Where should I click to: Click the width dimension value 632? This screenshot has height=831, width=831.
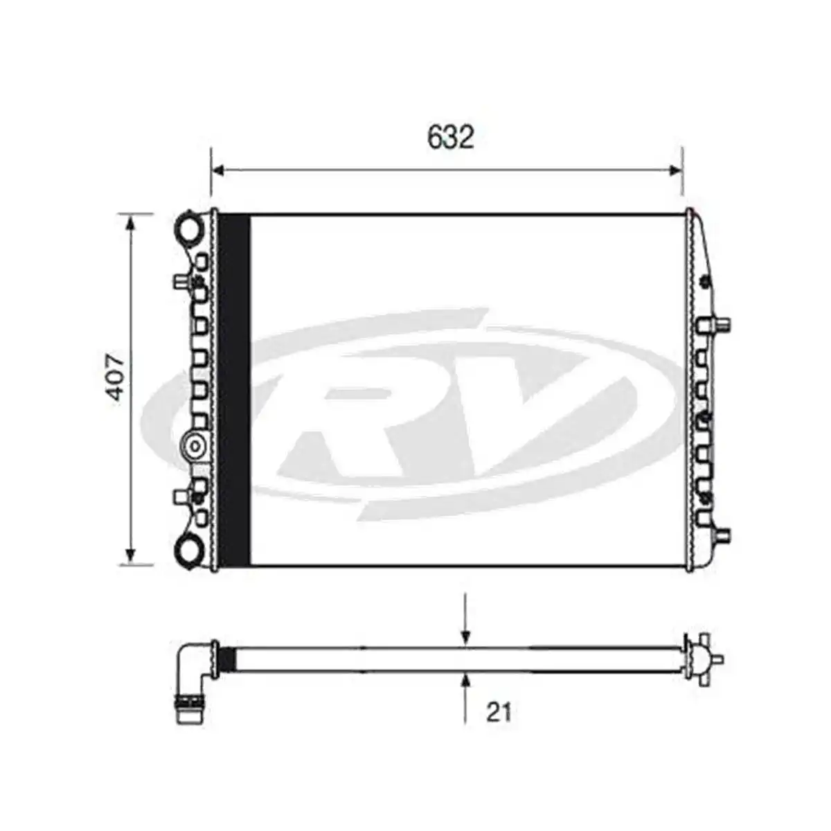[x=450, y=137]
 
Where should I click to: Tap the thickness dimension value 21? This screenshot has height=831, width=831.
[x=499, y=712]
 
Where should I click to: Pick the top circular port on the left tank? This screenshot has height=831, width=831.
[x=189, y=227]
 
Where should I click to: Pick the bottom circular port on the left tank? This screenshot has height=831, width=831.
[x=189, y=551]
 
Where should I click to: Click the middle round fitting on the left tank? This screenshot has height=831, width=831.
[x=195, y=444]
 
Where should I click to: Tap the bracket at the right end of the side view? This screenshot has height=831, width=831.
[x=701, y=657]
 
